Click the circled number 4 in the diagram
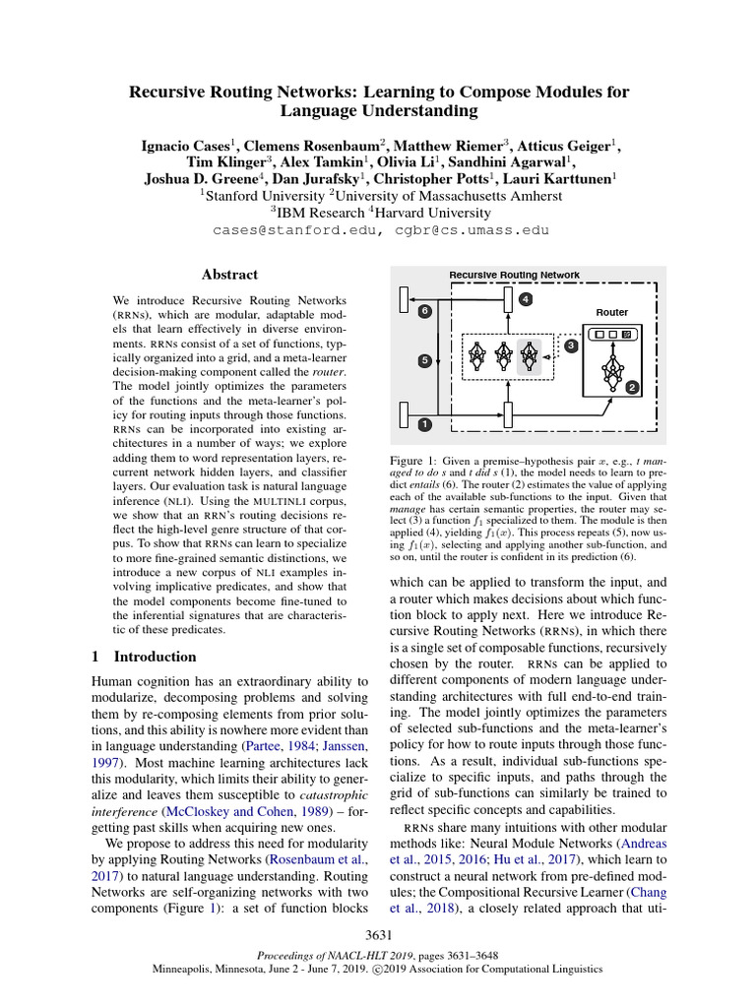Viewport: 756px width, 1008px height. (x=526, y=298)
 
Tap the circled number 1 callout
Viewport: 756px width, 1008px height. (x=424, y=424)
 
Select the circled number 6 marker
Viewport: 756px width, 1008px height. (x=424, y=311)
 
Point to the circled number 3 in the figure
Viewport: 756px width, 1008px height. (x=570, y=346)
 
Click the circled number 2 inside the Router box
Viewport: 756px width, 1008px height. (x=632, y=388)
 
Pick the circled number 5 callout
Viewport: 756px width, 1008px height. (x=424, y=360)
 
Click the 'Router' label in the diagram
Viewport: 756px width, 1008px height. (x=611, y=312)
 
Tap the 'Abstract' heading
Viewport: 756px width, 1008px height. (x=229, y=275)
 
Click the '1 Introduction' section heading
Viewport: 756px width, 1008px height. (x=144, y=657)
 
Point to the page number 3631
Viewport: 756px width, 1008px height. (x=378, y=934)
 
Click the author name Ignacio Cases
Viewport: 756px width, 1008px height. (x=185, y=145)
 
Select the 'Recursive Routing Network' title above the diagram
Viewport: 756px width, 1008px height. (x=514, y=275)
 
